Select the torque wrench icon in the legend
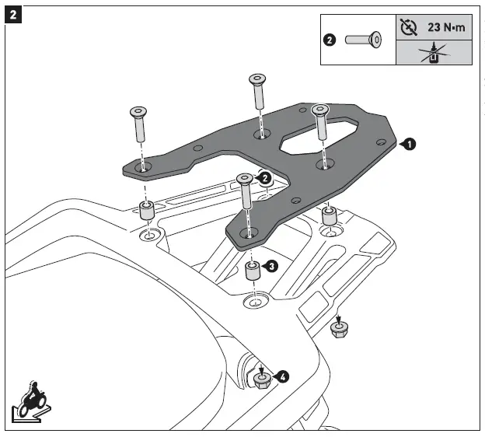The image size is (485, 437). (x=408, y=26)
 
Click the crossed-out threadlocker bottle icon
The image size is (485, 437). (x=432, y=52)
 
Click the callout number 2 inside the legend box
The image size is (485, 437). (x=330, y=39)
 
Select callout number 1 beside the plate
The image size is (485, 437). (x=410, y=143)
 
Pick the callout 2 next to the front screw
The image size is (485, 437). (x=265, y=178)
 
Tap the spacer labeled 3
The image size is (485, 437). (x=252, y=272)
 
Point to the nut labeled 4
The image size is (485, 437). (x=261, y=379)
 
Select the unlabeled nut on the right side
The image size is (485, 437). (x=338, y=330)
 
